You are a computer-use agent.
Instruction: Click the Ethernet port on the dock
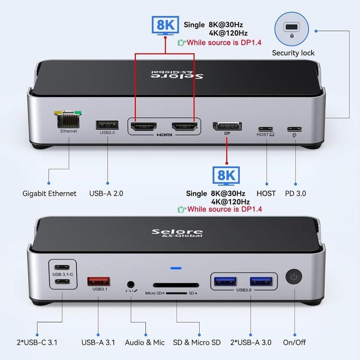pos(68,120)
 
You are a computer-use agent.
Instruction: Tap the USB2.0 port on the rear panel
pos(107,125)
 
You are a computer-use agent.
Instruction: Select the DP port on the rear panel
pos(227,126)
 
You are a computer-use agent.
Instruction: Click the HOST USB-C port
pos(265,129)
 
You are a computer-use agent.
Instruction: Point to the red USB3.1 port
pos(99,281)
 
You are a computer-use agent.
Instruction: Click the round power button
pos(294,276)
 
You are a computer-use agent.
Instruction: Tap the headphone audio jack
pos(131,285)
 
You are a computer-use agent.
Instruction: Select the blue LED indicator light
pos(176,268)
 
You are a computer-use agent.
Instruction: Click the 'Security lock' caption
pos(293,53)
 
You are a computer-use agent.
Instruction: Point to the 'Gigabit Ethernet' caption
pos(49,193)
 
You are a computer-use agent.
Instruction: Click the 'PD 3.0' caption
pos(296,193)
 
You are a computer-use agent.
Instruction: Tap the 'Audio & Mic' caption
pos(145,343)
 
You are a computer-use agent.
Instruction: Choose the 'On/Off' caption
pos(294,343)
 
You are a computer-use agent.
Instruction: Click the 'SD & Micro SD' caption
pos(197,343)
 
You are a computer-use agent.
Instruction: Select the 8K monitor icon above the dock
pos(165,25)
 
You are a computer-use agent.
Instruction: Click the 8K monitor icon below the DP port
pos(226,176)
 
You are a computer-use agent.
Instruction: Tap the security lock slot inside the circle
pos(291,27)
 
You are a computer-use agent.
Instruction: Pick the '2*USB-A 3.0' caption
pos(251,343)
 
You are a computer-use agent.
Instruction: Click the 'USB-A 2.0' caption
pos(106,193)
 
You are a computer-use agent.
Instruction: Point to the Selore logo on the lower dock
pos(177,233)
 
